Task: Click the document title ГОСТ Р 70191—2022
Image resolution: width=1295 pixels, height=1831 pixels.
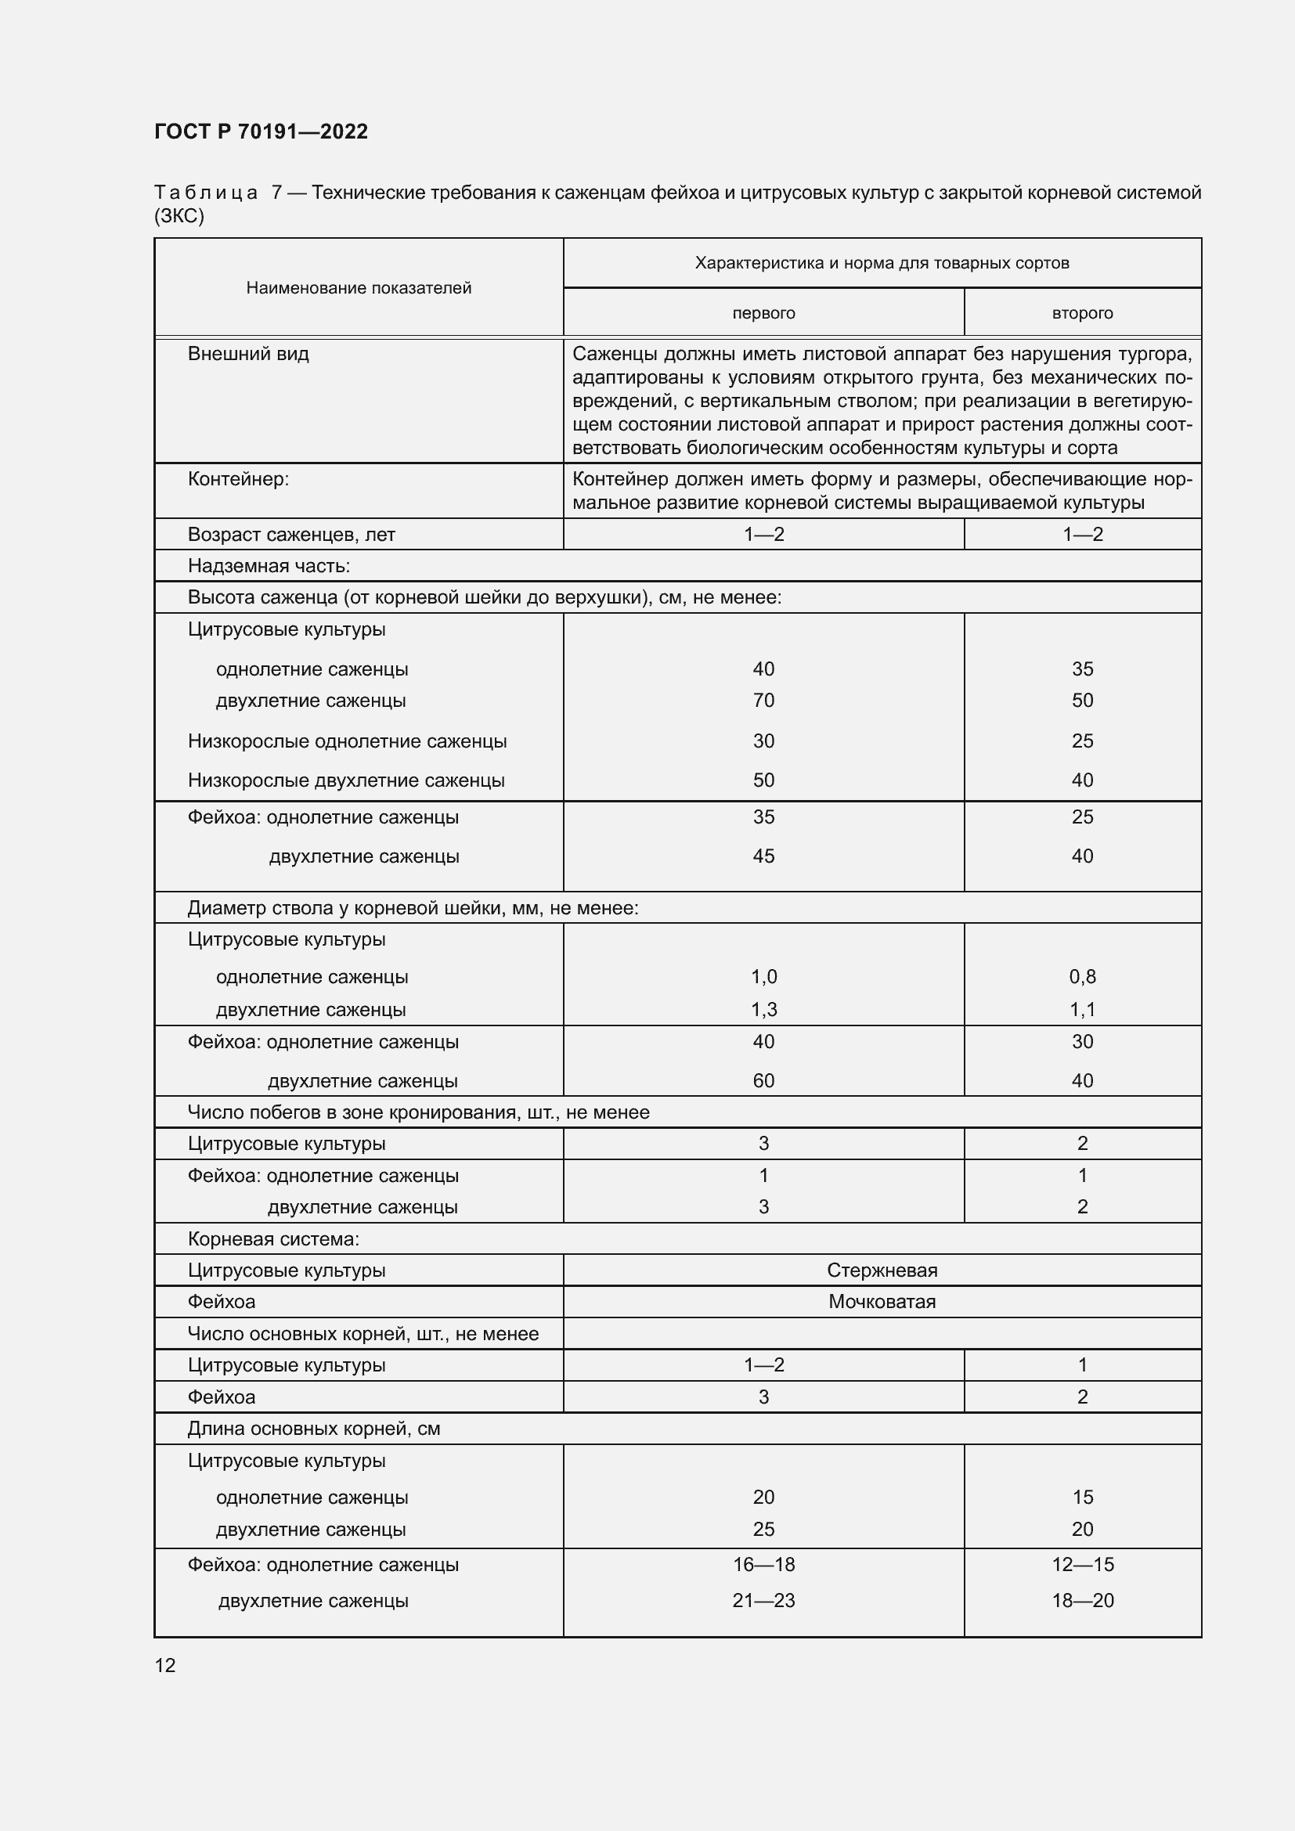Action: click(261, 132)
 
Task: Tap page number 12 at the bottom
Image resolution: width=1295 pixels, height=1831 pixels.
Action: click(165, 1665)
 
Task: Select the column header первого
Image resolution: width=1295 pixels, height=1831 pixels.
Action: click(763, 313)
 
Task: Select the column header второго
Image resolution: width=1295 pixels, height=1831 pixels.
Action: click(1082, 313)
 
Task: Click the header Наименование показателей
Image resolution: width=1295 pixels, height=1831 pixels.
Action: click(359, 288)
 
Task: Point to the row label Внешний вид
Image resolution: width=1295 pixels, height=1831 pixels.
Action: click(248, 354)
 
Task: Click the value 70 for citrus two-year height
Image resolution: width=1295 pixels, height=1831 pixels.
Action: click(763, 700)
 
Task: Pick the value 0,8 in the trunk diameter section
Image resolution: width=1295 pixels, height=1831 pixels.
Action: click(1082, 976)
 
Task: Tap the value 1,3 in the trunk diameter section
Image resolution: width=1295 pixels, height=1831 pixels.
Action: click(763, 1010)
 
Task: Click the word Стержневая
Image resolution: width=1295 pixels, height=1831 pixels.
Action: click(882, 1271)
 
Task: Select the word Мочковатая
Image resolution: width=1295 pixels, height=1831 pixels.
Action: click(882, 1302)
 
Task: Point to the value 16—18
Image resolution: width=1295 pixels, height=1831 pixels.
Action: click(763, 1565)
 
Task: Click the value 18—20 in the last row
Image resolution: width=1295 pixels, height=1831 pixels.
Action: click(1082, 1601)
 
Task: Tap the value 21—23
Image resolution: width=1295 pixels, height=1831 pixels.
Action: click(763, 1601)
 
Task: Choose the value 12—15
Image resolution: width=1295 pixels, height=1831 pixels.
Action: click(1082, 1565)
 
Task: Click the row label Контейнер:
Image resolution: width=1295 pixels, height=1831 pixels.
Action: click(238, 479)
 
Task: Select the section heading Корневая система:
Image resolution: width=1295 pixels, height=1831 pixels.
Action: click(273, 1238)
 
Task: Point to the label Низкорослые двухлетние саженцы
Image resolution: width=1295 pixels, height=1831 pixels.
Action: click(346, 780)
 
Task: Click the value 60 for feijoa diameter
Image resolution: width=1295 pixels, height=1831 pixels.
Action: click(763, 1080)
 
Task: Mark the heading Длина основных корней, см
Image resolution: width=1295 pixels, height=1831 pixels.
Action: click(313, 1429)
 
